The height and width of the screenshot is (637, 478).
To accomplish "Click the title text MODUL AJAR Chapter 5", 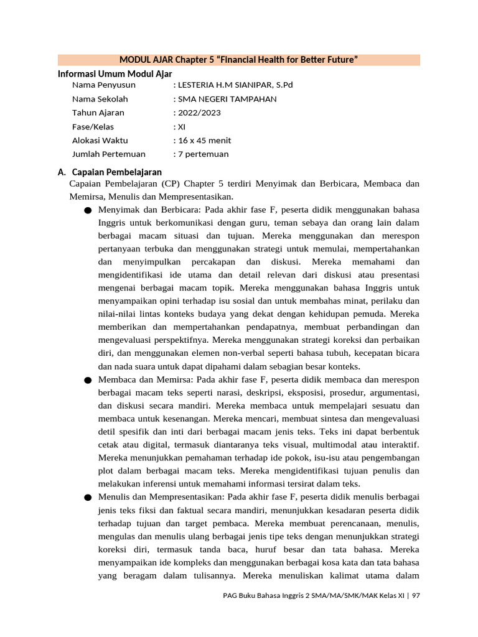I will tap(238, 60).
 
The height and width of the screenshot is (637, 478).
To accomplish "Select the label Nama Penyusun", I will tap(103, 85).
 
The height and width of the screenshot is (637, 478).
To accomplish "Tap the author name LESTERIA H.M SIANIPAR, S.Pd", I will tap(233, 85).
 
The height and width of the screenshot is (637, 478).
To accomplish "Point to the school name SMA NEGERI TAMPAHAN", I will tap(225, 99).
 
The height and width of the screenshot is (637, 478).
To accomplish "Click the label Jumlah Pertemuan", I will tap(109, 154).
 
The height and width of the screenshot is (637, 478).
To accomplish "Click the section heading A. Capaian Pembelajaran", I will tap(110, 172).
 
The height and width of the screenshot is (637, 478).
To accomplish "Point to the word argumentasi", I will tap(396, 393).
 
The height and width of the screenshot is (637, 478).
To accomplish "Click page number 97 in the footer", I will tap(416, 595).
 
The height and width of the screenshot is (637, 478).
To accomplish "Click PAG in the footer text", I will tap(230, 595).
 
